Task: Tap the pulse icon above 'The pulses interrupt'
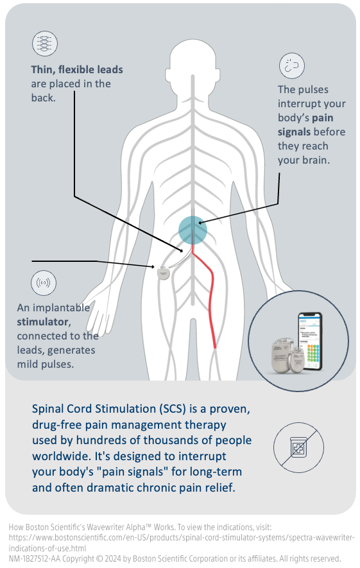(x=291, y=65)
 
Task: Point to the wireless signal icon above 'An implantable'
(x=44, y=282)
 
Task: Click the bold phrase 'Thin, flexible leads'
(x=76, y=69)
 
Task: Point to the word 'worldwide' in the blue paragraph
(x=60, y=456)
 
